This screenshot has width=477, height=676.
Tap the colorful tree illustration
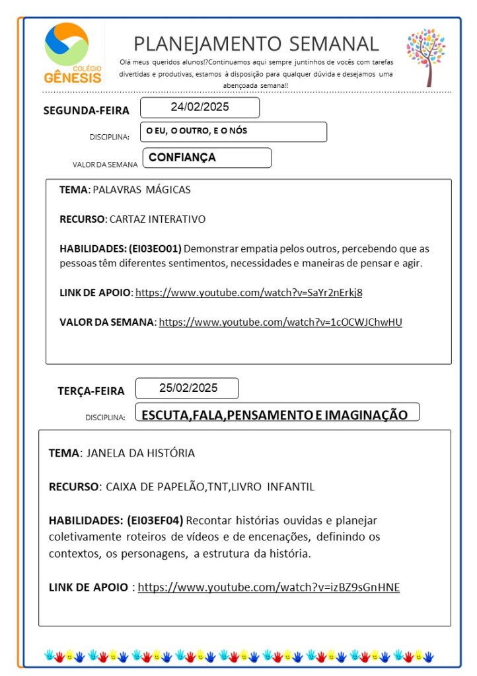425,56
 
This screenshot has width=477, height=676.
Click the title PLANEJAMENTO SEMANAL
256,44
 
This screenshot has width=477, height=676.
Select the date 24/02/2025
200,107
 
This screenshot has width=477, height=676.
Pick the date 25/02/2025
188,388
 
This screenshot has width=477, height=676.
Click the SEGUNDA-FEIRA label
87,110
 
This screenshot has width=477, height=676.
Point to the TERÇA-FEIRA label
91,391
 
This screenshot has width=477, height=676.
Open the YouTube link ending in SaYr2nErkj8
249,292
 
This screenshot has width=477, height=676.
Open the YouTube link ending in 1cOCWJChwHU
280,322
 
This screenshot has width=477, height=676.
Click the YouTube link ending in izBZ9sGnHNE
269,587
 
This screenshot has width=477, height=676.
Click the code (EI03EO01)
155,248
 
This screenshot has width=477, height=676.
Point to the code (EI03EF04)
155,520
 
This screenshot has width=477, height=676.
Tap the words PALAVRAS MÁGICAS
141,190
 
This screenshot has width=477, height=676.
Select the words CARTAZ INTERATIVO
157,219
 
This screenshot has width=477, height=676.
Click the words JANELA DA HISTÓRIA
140,453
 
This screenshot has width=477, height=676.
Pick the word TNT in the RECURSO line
217,487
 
